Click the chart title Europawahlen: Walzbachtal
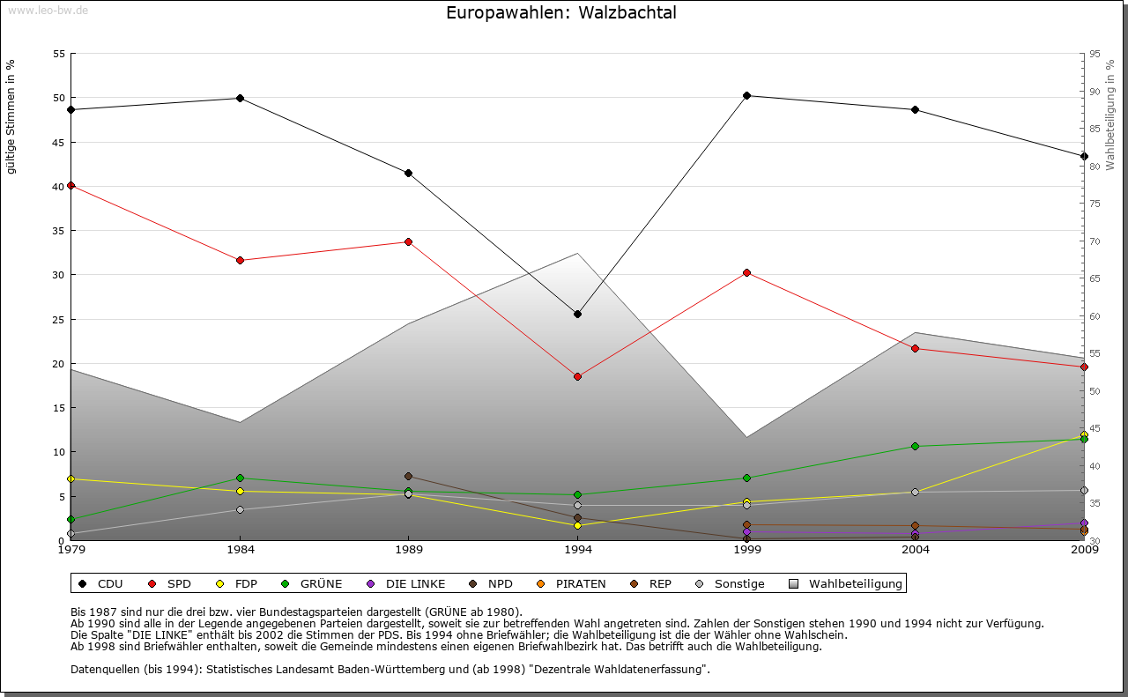pyautogui.click(x=561, y=13)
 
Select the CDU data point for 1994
pyautogui.click(x=577, y=314)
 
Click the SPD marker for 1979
pyautogui.click(x=70, y=186)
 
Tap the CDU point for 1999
pyautogui.click(x=746, y=95)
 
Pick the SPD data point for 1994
pyautogui.click(x=577, y=376)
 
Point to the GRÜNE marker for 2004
pyautogui.click(x=916, y=446)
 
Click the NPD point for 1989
pyautogui.click(x=408, y=476)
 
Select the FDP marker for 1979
pyautogui.click(x=70, y=478)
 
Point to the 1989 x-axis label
pyautogui.click(x=409, y=551)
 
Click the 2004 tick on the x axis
pyautogui.click(x=916, y=551)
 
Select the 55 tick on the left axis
pyautogui.click(x=59, y=54)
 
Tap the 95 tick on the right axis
pyautogui.click(x=1095, y=54)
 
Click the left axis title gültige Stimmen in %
pyautogui.click(x=11, y=116)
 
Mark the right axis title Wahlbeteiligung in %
pyautogui.click(x=1110, y=115)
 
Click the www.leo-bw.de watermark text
pyautogui.click(x=48, y=10)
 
